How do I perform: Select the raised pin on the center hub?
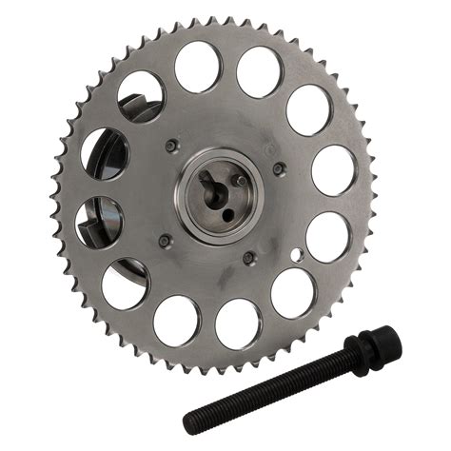pos(242,180)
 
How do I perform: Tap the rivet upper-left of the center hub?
pos(170,146)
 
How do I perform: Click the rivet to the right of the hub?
pos(279,168)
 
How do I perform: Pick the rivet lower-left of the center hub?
pos(164,240)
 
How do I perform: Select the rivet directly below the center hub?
pos(248,257)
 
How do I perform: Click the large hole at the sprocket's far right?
pos(334,169)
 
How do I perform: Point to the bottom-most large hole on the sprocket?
pos(238,324)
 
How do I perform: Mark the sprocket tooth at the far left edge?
pos(54,200)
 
